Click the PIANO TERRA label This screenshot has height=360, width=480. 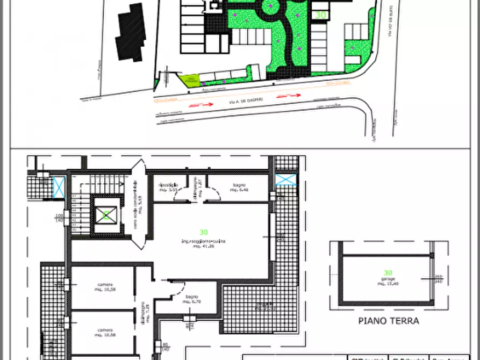click(388, 321)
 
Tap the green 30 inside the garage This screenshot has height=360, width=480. click(388, 273)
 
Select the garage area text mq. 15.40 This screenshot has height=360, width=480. click(388, 284)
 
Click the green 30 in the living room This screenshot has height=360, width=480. click(204, 232)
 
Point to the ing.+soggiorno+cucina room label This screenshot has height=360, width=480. click(204, 241)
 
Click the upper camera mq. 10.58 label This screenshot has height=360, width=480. click(105, 287)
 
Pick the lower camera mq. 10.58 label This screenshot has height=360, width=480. click(105, 332)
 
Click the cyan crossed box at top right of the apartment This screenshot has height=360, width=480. click(286, 179)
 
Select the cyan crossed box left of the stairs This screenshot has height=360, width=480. click(59, 185)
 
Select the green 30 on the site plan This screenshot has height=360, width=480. click(321, 15)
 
